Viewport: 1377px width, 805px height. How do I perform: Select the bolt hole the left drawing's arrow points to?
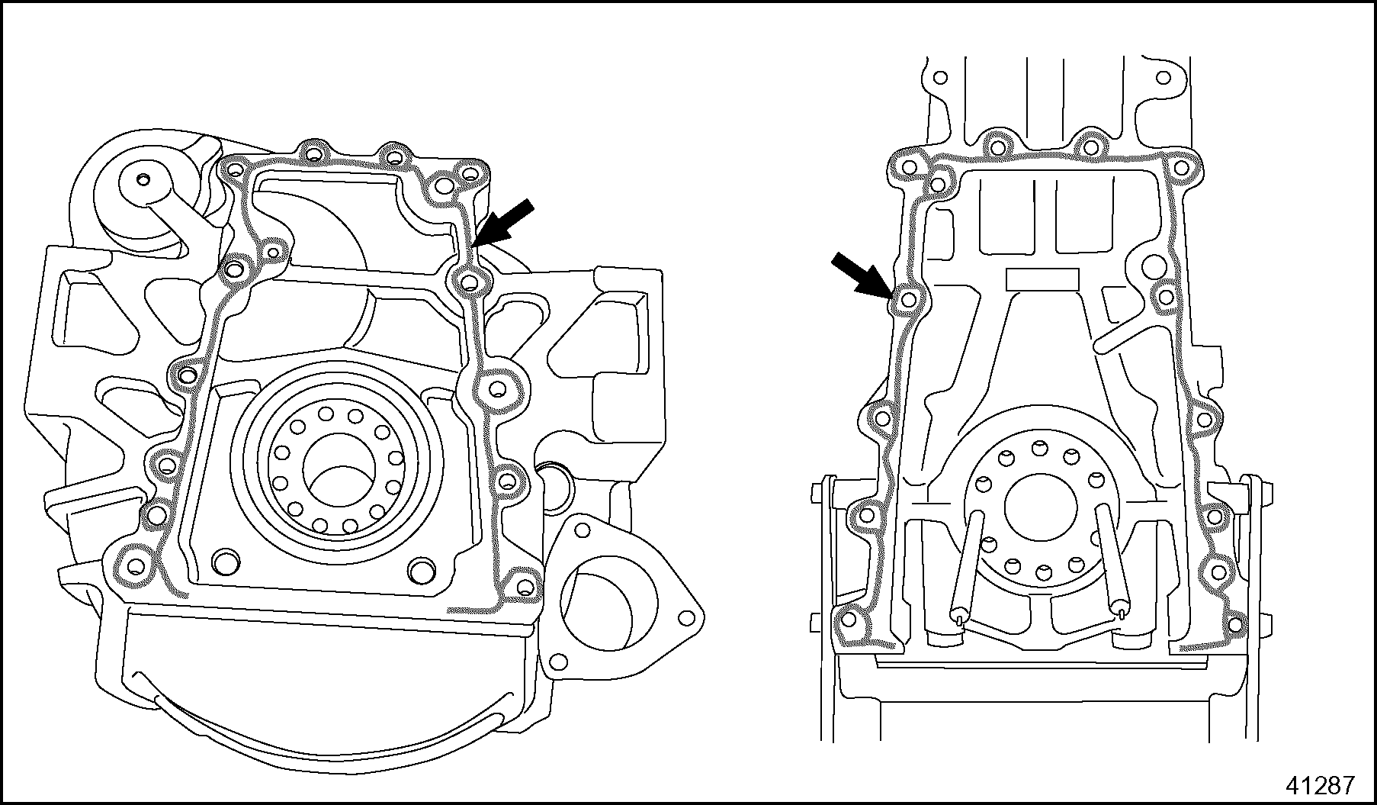pyautogui.click(x=470, y=283)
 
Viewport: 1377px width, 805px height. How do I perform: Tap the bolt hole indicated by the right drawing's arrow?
pyautogui.click(x=908, y=300)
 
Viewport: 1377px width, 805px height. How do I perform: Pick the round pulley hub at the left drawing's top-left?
pyautogui.click(x=143, y=181)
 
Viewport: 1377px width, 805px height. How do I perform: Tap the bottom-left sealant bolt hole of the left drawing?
pyautogui.click(x=136, y=566)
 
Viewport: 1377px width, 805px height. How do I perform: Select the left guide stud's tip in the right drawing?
pyautogui.click(x=958, y=612)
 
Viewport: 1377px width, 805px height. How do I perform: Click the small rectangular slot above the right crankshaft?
pyautogui.click(x=1041, y=279)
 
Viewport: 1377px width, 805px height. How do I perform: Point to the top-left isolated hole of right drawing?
pyautogui.click(x=940, y=78)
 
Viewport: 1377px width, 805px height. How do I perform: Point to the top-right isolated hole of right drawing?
pyautogui.click(x=1164, y=78)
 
